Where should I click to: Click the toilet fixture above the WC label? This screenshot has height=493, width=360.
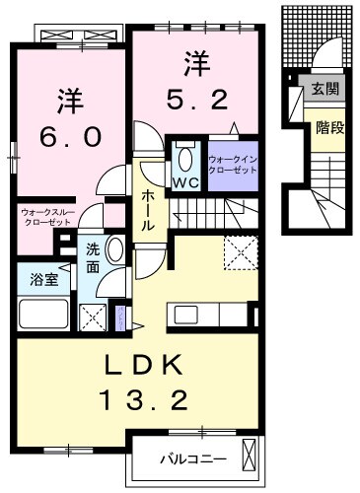coord(183,158)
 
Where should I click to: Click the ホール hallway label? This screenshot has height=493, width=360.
coord(146,209)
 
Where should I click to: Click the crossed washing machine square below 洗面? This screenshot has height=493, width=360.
coord(95,317)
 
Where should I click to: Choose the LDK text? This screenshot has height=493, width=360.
coord(144,366)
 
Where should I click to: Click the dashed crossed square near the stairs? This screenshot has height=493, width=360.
coord(239,252)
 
